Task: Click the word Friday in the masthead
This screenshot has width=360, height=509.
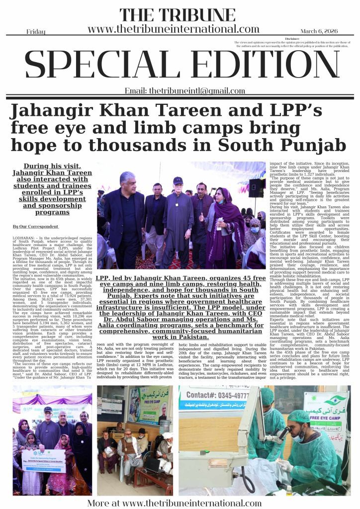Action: [x=36, y=31]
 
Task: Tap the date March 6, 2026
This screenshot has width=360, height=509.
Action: [x=319, y=31]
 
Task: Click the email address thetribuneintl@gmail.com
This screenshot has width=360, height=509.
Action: [x=184, y=91]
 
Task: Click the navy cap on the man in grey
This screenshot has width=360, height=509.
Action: [x=178, y=180]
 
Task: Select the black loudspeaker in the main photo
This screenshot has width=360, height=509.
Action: [x=256, y=188]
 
